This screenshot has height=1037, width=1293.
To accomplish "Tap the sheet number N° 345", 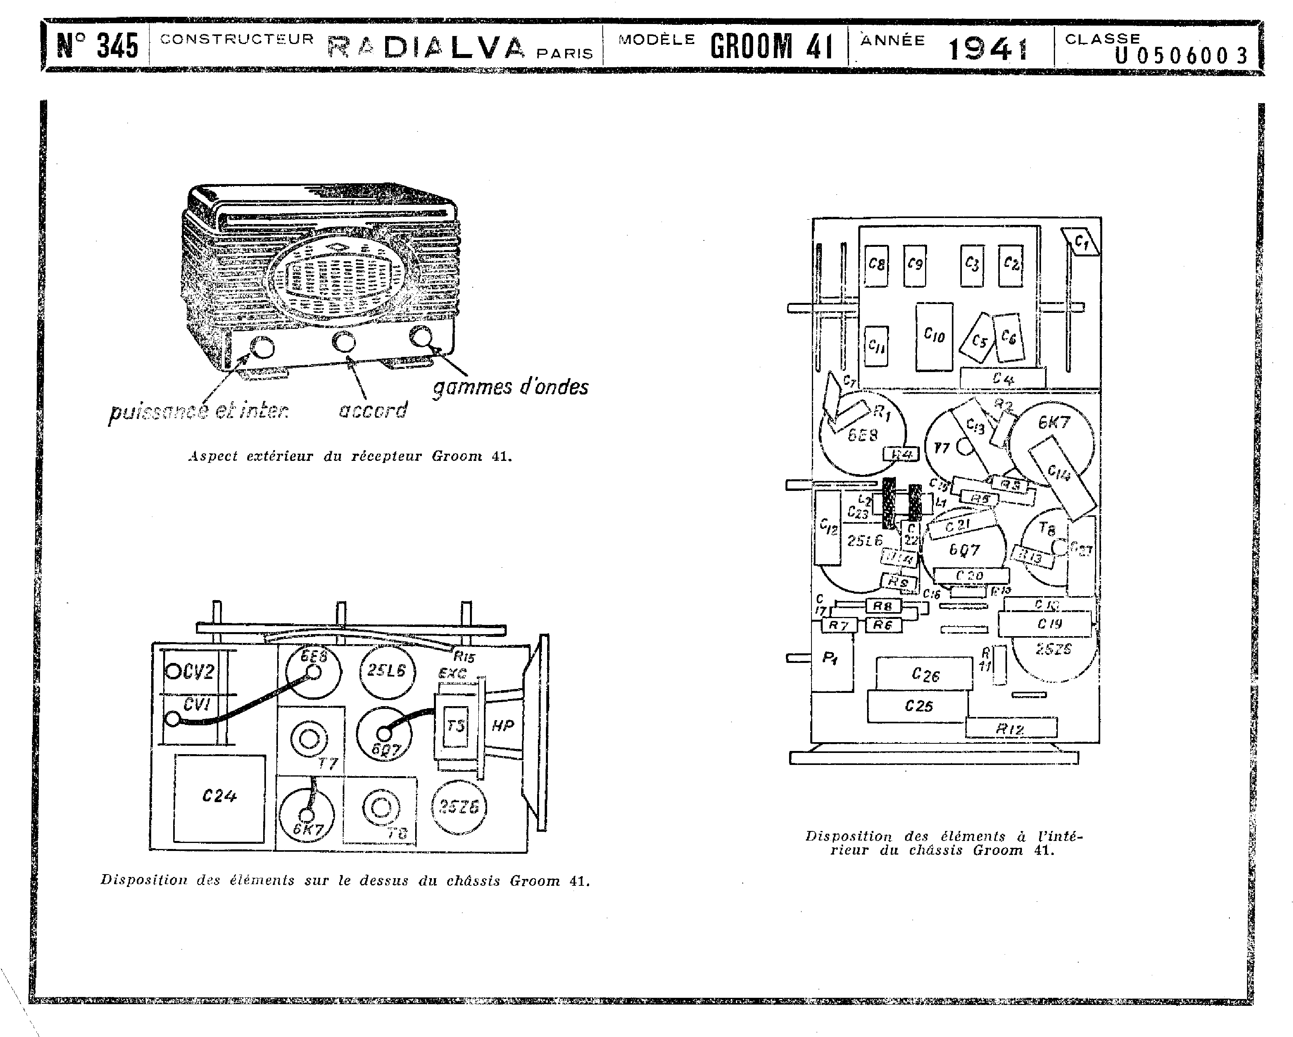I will click(x=97, y=46).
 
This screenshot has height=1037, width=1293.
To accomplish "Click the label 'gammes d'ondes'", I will click(x=510, y=387).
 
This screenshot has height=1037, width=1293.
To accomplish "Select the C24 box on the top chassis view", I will click(x=220, y=798).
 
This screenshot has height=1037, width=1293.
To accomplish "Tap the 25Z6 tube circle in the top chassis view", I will click(x=459, y=807).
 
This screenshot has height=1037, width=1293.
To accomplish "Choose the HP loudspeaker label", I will click(x=503, y=726).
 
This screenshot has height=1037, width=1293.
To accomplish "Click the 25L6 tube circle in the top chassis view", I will click(x=387, y=671).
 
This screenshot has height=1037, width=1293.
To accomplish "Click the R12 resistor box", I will click(x=1011, y=728).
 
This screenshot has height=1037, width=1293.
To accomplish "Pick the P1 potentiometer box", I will click(x=831, y=659).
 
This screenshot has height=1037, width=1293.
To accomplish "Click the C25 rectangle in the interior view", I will click(x=917, y=706).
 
